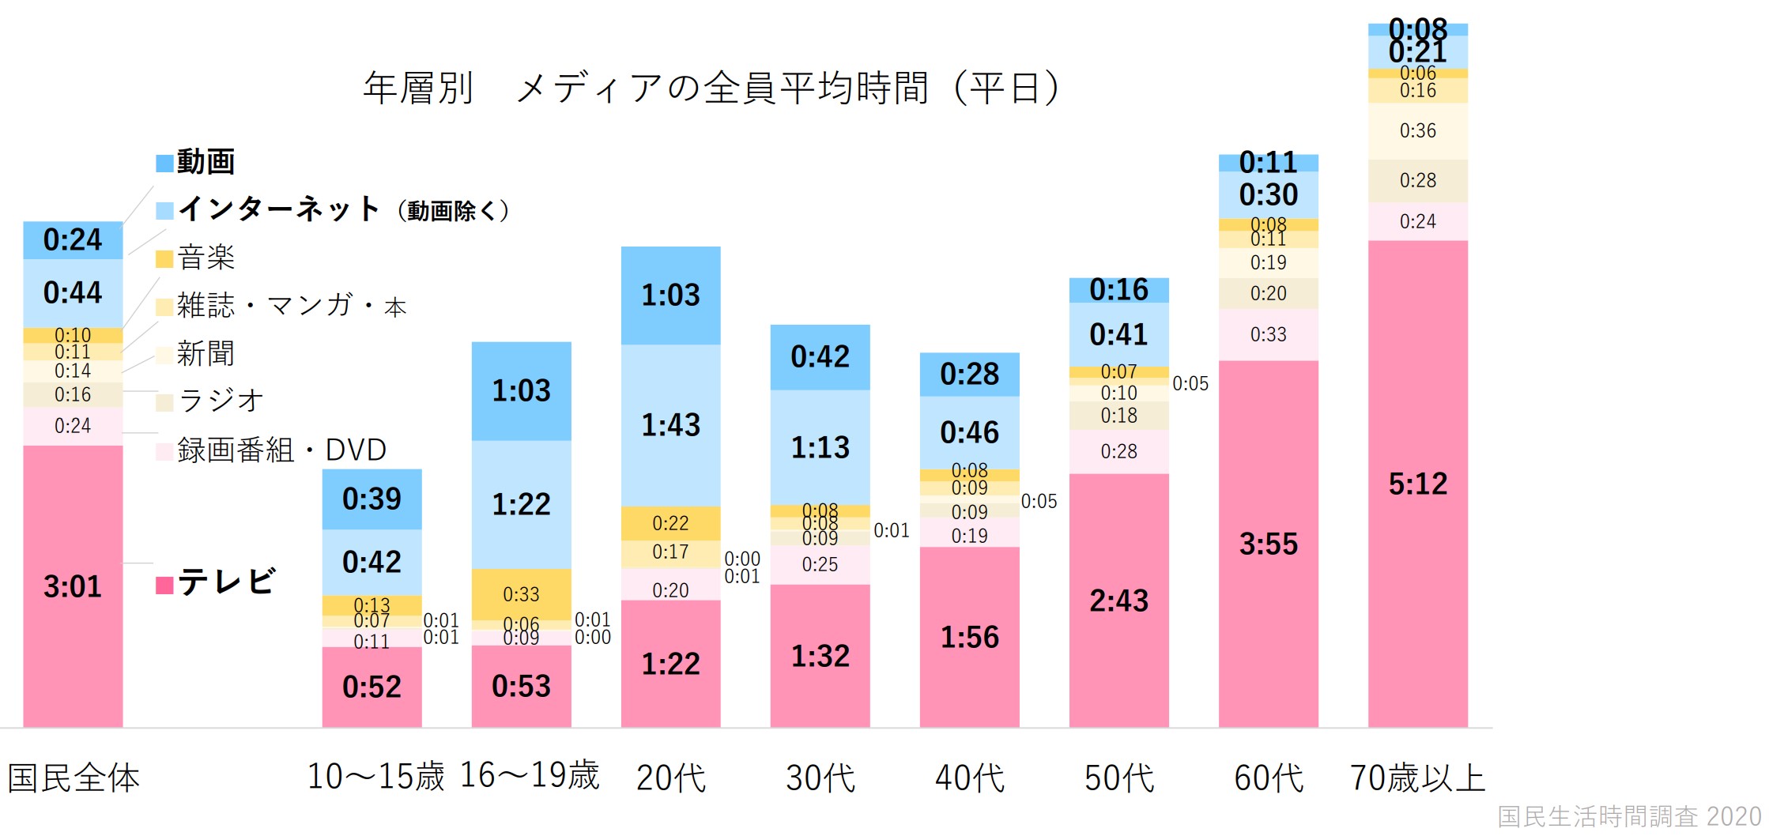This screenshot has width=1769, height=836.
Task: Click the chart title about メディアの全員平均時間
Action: (711, 87)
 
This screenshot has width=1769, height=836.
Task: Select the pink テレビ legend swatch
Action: (164, 585)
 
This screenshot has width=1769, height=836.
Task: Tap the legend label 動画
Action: (206, 162)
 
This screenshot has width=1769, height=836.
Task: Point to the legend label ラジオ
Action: (221, 401)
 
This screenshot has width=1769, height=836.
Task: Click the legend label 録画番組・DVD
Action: (281, 450)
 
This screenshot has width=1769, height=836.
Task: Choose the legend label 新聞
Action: (206, 353)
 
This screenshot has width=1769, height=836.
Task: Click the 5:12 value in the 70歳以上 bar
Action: (1417, 484)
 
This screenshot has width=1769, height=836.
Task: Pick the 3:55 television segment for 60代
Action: (1268, 544)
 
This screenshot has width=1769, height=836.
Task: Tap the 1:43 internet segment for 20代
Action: (670, 425)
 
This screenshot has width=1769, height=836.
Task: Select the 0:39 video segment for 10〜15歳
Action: (372, 499)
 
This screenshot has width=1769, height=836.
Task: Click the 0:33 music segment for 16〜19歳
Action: (521, 594)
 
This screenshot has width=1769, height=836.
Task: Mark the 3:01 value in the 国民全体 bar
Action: (73, 586)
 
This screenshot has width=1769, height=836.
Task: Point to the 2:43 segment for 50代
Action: (1118, 601)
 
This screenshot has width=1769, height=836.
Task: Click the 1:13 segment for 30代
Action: (820, 447)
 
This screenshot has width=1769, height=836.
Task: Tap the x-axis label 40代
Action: (969, 778)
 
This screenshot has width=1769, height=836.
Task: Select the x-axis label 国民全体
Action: (74, 778)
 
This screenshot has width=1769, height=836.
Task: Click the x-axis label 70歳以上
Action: (1417, 778)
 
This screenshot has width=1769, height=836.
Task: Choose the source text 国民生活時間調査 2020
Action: (1629, 816)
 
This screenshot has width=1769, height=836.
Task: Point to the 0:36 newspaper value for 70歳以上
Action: (1417, 130)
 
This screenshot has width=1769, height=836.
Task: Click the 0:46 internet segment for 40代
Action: (969, 432)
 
